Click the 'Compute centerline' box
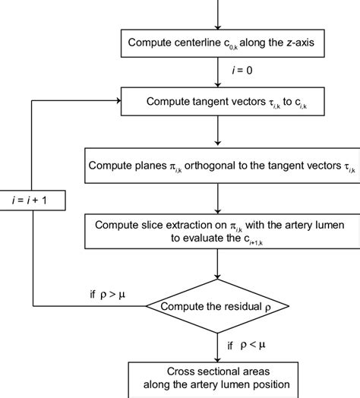click(218, 43)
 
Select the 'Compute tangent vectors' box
click(218, 99)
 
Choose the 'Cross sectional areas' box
click(218, 377)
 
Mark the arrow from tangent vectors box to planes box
click(218, 131)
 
